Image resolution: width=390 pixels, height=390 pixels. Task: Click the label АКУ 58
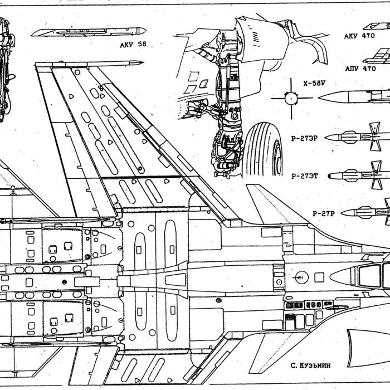[x=133, y=45]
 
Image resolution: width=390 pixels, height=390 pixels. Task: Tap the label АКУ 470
[x=359, y=36]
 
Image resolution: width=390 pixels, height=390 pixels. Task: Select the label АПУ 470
[x=360, y=69]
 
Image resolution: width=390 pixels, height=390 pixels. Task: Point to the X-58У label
[x=314, y=83]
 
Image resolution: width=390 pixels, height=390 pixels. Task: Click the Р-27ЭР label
[x=304, y=138]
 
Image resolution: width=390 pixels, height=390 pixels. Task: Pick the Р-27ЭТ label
[x=304, y=176]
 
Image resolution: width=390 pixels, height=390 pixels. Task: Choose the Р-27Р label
[x=323, y=213]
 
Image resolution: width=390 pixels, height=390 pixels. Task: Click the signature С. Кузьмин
[x=310, y=365]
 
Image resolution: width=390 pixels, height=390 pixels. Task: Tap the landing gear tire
[x=263, y=150]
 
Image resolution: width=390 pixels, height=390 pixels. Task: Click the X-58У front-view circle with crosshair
[x=291, y=99]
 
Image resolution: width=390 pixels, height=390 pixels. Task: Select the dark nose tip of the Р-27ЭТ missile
[x=329, y=176]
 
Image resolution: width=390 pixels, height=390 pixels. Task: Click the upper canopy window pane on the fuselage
[x=370, y=275]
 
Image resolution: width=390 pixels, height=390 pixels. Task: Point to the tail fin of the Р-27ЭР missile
[x=375, y=136]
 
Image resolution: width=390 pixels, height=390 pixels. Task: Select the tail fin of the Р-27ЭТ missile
[x=376, y=174]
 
